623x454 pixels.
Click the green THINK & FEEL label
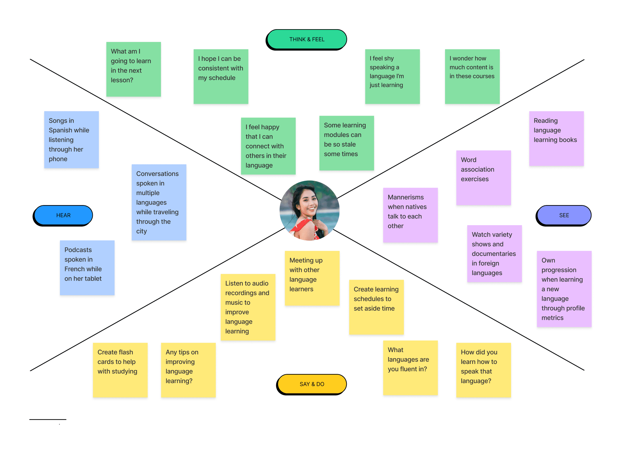coord(307,39)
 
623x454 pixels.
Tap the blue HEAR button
coord(63,215)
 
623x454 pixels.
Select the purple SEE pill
coord(564,215)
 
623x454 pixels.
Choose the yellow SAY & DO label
coord(312,384)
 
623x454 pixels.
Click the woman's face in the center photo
coord(308,202)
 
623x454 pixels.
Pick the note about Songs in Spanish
coord(71,140)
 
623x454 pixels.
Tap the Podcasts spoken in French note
coord(87,267)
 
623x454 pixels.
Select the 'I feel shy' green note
coord(392,76)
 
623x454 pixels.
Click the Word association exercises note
coord(483,177)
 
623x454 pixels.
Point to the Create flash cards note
coord(120,370)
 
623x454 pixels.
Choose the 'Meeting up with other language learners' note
coord(312,278)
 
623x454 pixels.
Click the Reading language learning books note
coord(556,138)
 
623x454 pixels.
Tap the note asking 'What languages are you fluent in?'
coord(410,368)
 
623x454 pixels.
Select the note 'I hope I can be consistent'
coord(221,76)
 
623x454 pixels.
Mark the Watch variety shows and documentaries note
coord(494,253)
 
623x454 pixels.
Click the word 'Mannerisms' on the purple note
coord(405,197)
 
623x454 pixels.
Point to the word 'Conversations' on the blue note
coord(157,174)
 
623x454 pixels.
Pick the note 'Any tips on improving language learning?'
coord(188,370)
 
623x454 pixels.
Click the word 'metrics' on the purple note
coord(552,318)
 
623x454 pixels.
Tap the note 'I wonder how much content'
coord(472,76)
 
